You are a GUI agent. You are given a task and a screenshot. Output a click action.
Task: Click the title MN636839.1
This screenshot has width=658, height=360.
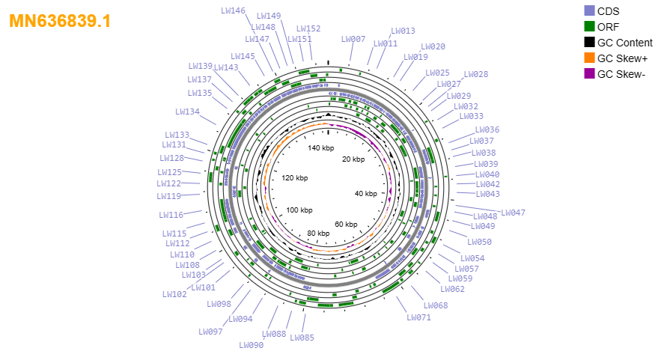point(60,21)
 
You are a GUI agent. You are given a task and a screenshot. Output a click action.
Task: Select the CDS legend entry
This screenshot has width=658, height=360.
point(602,11)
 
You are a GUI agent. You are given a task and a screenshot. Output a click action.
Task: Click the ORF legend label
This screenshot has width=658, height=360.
point(608,27)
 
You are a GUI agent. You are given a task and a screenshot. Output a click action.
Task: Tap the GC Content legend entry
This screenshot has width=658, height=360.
point(618,43)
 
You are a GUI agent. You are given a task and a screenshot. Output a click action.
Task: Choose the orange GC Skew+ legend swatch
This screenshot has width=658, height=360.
point(589,58)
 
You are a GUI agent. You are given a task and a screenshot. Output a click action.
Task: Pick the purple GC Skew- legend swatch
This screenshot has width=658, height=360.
point(589,74)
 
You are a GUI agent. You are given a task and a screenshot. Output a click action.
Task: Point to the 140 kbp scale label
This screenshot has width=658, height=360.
point(321,147)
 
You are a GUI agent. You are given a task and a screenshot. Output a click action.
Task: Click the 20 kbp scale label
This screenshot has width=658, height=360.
point(353,159)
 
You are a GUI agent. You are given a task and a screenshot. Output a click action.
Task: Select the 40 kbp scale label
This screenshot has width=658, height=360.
point(366,193)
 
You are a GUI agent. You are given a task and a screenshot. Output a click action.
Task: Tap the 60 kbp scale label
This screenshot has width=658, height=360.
point(346,224)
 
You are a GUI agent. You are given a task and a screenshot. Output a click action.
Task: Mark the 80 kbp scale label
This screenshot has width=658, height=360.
point(318,233)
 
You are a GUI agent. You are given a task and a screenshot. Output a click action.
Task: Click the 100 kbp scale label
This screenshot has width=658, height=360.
point(299,210)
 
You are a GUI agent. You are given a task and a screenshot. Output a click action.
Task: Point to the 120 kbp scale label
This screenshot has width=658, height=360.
point(295,177)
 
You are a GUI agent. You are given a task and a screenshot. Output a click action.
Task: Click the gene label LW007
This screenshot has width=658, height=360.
point(353,39)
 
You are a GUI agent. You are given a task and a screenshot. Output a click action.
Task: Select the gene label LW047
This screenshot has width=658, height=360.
point(514,213)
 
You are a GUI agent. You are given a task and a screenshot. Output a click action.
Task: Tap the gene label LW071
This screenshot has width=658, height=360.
point(418,317)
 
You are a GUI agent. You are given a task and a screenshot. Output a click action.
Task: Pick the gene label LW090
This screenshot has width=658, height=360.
point(252,345)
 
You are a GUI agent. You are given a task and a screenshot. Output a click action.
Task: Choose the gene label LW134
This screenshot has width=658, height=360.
point(188,112)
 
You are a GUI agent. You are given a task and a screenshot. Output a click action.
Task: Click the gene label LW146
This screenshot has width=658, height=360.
point(234,10)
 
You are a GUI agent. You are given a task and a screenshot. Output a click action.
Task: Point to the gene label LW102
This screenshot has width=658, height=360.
point(174,294)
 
